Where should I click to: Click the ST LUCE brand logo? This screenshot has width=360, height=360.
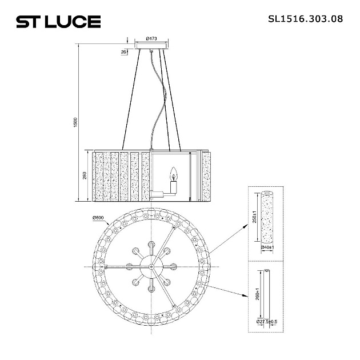(58, 22)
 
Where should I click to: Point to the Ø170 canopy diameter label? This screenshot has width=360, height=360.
(151, 38)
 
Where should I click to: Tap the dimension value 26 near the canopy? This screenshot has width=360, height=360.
(124, 52)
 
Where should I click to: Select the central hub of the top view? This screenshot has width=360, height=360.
(151, 266)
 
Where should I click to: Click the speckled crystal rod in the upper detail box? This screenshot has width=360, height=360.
(266, 219)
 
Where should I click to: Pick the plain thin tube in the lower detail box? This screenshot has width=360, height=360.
(266, 294)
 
